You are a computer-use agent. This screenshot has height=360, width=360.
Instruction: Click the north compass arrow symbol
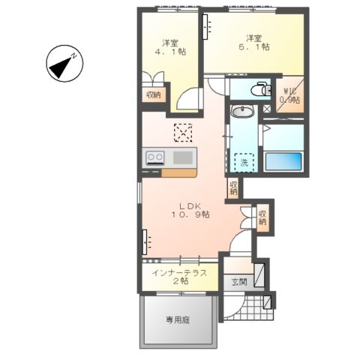(x=64, y=64)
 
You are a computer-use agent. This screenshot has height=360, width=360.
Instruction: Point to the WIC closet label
(x=289, y=96)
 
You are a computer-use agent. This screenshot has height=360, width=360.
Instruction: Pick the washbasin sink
(x=242, y=113)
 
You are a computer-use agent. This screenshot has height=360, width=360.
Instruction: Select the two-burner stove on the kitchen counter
(x=156, y=158)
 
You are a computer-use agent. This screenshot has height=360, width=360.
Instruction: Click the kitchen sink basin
(x=183, y=157)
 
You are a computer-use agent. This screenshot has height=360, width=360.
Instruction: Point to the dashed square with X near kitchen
(x=183, y=133)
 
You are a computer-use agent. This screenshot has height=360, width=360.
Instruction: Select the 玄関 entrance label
(x=238, y=282)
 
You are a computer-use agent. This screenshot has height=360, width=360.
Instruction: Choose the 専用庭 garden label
(x=178, y=319)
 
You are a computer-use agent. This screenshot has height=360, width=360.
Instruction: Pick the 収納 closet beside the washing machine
(x=234, y=188)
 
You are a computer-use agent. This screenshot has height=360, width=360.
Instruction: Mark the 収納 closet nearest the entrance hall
(x=262, y=217)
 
